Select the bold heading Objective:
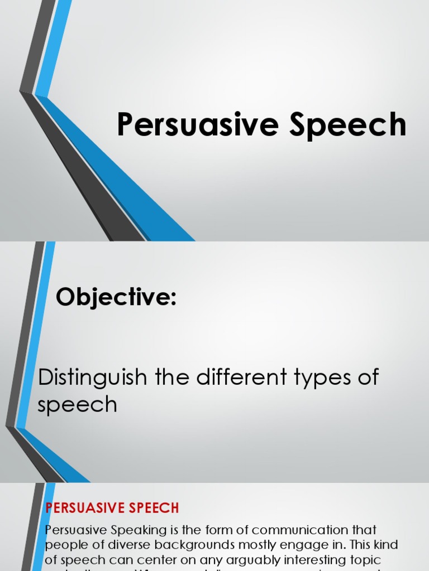(x=116, y=298)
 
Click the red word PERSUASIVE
(x=87, y=508)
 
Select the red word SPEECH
(x=156, y=508)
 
